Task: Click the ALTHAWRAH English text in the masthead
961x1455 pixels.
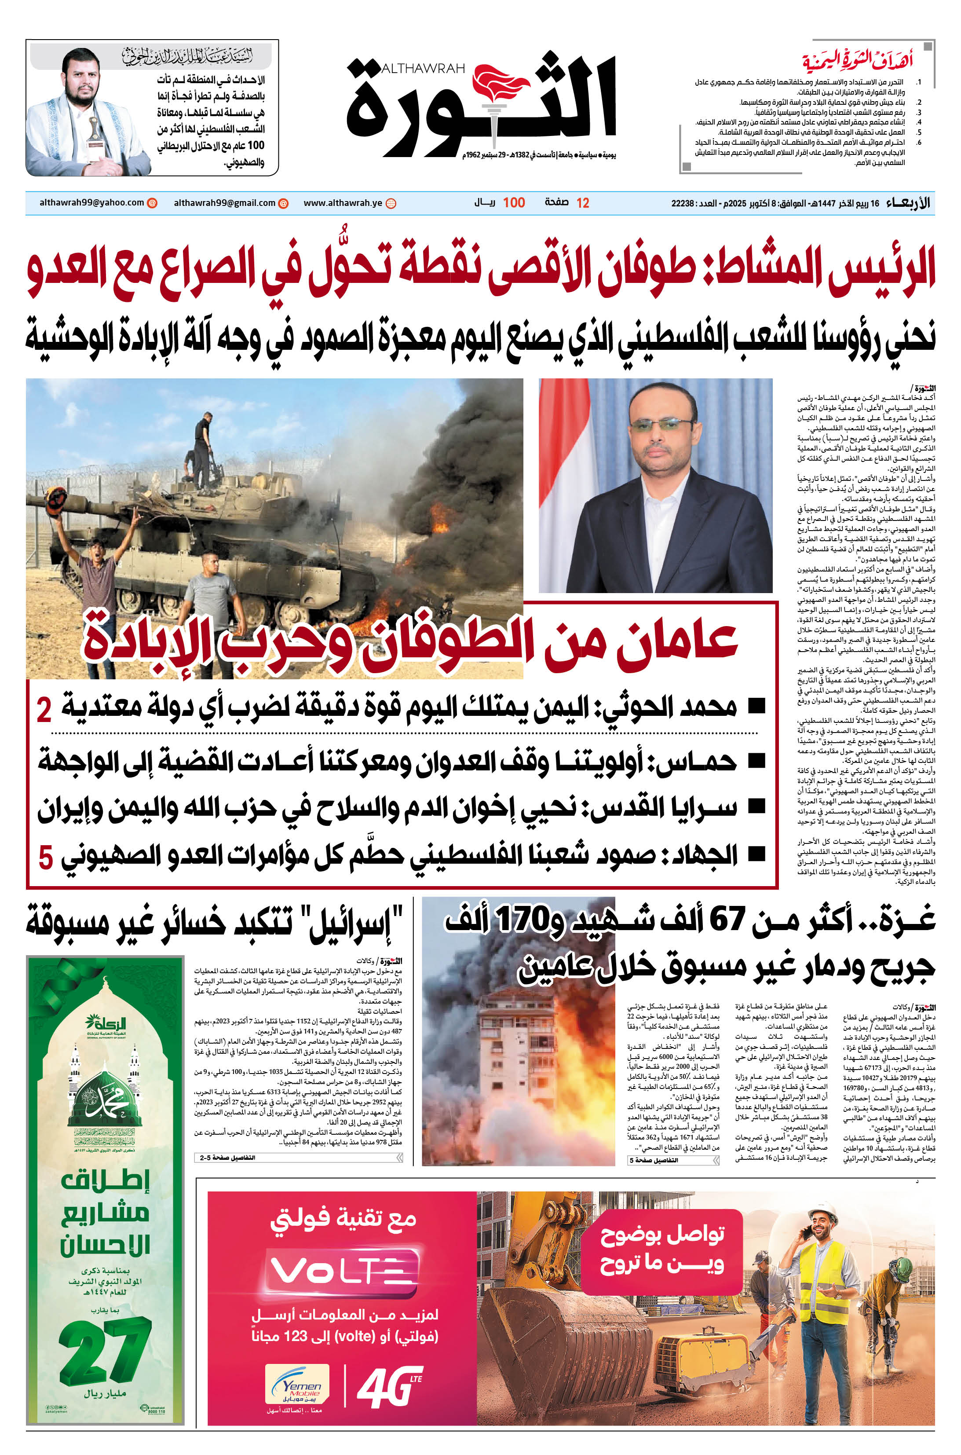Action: point(423,68)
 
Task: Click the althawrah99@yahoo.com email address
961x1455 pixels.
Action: point(92,203)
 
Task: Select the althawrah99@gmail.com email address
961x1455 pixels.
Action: point(224,203)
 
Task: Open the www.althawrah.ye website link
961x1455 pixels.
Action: point(343,203)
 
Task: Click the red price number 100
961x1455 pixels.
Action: point(514,203)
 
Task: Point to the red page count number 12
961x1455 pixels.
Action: point(583,203)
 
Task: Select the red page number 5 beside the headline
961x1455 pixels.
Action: point(45,857)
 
